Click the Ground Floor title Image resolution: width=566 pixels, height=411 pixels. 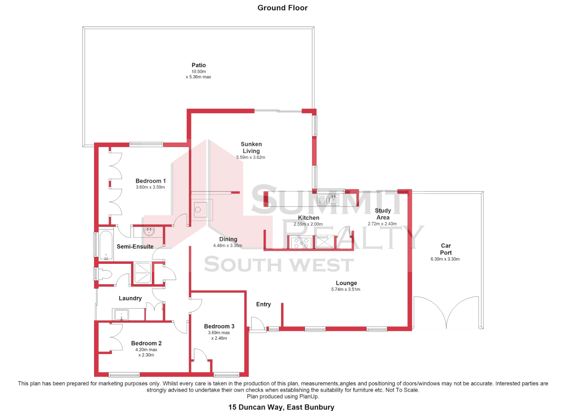coord(282,8)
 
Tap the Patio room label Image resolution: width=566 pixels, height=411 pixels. coord(199,65)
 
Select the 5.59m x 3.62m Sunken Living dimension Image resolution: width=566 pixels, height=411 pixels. coord(250,158)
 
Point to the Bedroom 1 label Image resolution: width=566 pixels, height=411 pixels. coord(151,181)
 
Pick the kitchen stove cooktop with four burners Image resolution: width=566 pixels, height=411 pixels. coord(301,243)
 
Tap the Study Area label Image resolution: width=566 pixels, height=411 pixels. coord(383,214)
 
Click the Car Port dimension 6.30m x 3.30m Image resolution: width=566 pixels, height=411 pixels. coord(445,259)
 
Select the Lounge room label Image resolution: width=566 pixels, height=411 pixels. coord(346,283)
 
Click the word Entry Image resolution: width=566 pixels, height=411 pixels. coord(263,304)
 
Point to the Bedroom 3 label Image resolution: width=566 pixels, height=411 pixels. coord(219,327)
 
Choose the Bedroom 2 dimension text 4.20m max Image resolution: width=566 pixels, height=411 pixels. coord(146,350)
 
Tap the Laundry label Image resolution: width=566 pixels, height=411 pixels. coord(130,298)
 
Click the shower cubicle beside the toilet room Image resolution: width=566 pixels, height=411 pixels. coord(143,273)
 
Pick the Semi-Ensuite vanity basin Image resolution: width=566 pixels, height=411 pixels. coord(149,231)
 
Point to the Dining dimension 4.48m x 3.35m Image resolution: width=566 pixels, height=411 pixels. coord(228,246)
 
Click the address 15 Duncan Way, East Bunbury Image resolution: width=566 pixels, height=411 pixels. coord(281,407)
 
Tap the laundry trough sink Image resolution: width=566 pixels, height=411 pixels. coord(121,315)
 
